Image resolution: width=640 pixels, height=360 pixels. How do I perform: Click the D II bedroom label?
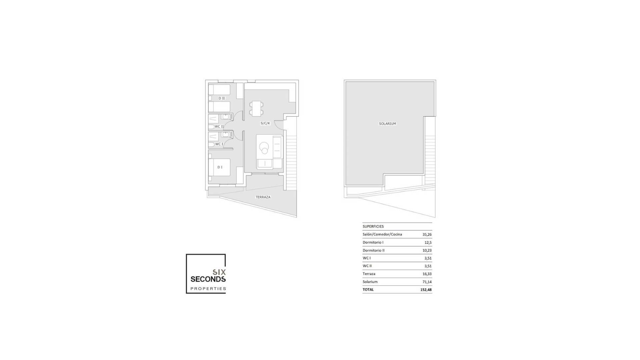pyautogui.click(x=222, y=98)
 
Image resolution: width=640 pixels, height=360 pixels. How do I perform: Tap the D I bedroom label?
pyautogui.click(x=220, y=167)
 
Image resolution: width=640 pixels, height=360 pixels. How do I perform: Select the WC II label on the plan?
pyautogui.click(x=219, y=127)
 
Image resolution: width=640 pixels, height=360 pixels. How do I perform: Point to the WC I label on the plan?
pyautogui.click(x=219, y=144)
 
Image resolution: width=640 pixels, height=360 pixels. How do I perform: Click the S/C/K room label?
pyautogui.click(x=265, y=123)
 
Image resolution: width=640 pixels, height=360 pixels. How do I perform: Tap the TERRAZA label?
pyautogui.click(x=263, y=197)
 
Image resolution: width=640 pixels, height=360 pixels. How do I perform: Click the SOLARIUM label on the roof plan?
pyautogui.click(x=387, y=124)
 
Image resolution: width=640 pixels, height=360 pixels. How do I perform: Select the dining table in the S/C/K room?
pyautogui.click(x=256, y=108)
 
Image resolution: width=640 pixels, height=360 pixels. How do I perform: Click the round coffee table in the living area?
pyautogui.click(x=264, y=147)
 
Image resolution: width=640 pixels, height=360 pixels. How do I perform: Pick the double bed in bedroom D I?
pyautogui.click(x=219, y=167)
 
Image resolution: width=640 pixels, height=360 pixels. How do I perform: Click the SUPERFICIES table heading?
pyautogui.click(x=373, y=226)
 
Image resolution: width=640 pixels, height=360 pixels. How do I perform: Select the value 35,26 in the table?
pyautogui.click(x=427, y=234)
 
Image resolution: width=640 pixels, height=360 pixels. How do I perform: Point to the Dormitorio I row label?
pyautogui.click(x=373, y=242)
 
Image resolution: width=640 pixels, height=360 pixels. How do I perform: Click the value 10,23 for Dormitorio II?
pyautogui.click(x=427, y=250)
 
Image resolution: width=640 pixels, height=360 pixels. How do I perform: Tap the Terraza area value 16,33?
pyautogui.click(x=427, y=274)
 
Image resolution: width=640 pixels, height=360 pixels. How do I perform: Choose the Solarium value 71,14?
pyautogui.click(x=427, y=282)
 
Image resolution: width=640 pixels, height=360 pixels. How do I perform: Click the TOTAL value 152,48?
pyautogui.click(x=426, y=290)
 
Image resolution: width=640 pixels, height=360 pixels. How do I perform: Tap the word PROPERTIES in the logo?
pyautogui.click(x=208, y=289)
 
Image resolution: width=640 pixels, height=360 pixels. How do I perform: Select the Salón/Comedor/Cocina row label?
pyautogui.click(x=382, y=234)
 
